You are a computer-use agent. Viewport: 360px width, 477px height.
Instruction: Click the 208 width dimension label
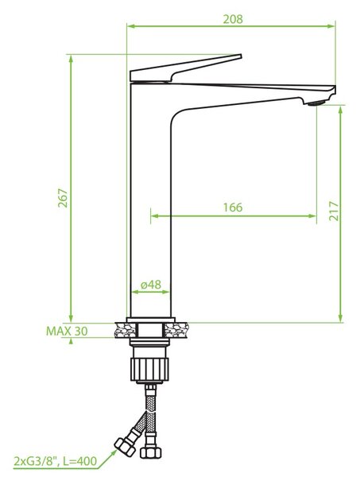233,19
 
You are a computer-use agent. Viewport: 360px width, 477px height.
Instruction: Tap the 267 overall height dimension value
63,198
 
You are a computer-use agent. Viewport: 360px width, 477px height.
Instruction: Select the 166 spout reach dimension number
233,207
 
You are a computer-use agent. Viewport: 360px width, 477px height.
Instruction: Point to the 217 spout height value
334,211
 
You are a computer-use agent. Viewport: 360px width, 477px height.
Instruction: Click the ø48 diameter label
151,285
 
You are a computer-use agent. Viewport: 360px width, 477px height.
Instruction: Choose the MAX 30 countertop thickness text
67,331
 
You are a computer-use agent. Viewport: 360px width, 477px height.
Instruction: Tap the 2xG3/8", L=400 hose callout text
56,461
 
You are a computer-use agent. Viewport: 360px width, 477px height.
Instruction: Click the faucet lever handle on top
185,68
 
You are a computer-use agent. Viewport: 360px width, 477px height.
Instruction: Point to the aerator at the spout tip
316,103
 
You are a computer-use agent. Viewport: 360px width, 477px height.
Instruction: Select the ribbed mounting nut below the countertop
149,370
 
